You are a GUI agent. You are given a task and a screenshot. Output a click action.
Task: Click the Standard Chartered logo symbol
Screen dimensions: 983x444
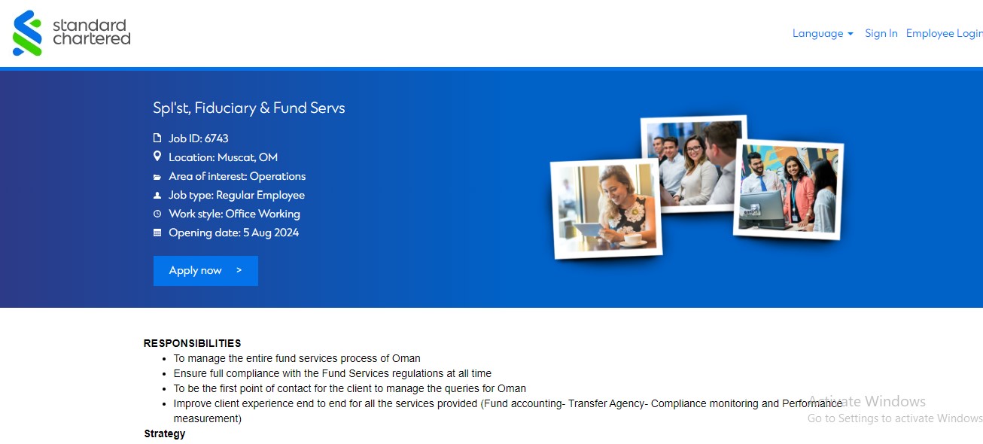point(27,33)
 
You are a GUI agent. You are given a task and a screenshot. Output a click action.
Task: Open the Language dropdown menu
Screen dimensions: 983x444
point(823,34)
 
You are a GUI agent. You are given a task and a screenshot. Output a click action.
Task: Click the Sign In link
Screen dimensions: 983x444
point(881,33)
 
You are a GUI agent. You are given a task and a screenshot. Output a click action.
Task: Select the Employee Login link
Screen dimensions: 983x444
point(944,33)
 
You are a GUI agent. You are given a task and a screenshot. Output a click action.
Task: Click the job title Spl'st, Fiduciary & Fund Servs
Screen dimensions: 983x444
point(249,108)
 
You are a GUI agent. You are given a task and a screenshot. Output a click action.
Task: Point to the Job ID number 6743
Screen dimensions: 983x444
point(216,138)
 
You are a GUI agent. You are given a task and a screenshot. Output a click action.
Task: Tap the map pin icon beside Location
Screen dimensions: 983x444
point(157,157)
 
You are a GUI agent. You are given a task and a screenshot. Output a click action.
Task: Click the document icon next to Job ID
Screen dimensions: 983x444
point(157,138)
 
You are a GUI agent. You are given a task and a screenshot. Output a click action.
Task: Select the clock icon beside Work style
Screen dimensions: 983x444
point(157,214)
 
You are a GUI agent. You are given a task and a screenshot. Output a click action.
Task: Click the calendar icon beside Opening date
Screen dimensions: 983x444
point(157,233)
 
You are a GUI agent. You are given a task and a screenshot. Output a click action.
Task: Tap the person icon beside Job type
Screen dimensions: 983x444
point(157,195)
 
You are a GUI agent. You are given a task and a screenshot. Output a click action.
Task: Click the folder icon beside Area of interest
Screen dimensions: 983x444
point(157,177)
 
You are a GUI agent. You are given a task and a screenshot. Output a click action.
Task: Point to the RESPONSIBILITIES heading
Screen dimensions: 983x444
point(192,343)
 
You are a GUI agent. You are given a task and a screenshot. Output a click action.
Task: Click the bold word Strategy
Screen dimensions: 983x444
point(165,433)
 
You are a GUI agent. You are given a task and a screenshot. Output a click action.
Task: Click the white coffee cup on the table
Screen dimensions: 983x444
point(632,239)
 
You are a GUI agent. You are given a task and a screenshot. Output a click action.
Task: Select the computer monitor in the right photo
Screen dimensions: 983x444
point(762,211)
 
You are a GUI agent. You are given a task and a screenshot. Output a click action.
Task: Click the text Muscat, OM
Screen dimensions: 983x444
point(248,157)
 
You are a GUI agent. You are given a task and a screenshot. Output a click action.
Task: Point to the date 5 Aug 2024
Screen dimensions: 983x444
point(271,233)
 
